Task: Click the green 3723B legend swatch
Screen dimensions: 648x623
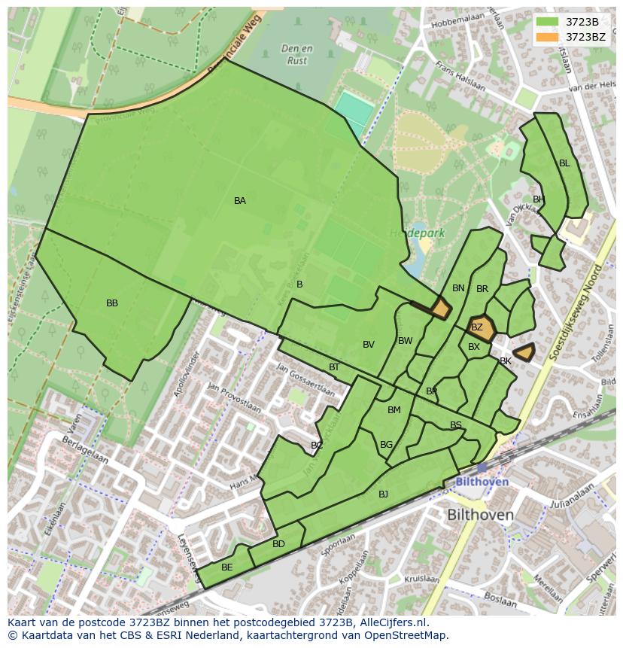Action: [548, 22]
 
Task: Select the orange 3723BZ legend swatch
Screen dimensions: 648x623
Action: [548, 36]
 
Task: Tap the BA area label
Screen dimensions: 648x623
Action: [239, 201]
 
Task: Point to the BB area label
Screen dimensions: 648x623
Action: [112, 303]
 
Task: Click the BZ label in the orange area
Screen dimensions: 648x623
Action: [477, 327]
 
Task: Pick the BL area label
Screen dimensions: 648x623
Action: [564, 163]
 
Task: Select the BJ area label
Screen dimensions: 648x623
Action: [383, 494]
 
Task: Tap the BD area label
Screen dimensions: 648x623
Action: [278, 544]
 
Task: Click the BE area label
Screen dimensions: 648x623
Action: [226, 567]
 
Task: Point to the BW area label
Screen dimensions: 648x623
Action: [406, 341]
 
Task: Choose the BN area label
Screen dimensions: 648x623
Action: [458, 288]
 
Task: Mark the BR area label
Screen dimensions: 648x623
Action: [482, 289]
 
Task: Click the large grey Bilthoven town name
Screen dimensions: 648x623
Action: [480, 516]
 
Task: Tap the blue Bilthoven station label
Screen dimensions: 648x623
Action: [482, 482]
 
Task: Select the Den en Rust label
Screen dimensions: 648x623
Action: [296, 55]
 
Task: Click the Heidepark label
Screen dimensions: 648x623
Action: [417, 233]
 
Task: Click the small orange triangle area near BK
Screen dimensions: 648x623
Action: [524, 351]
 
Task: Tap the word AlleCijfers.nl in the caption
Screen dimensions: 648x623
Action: [391, 623]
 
